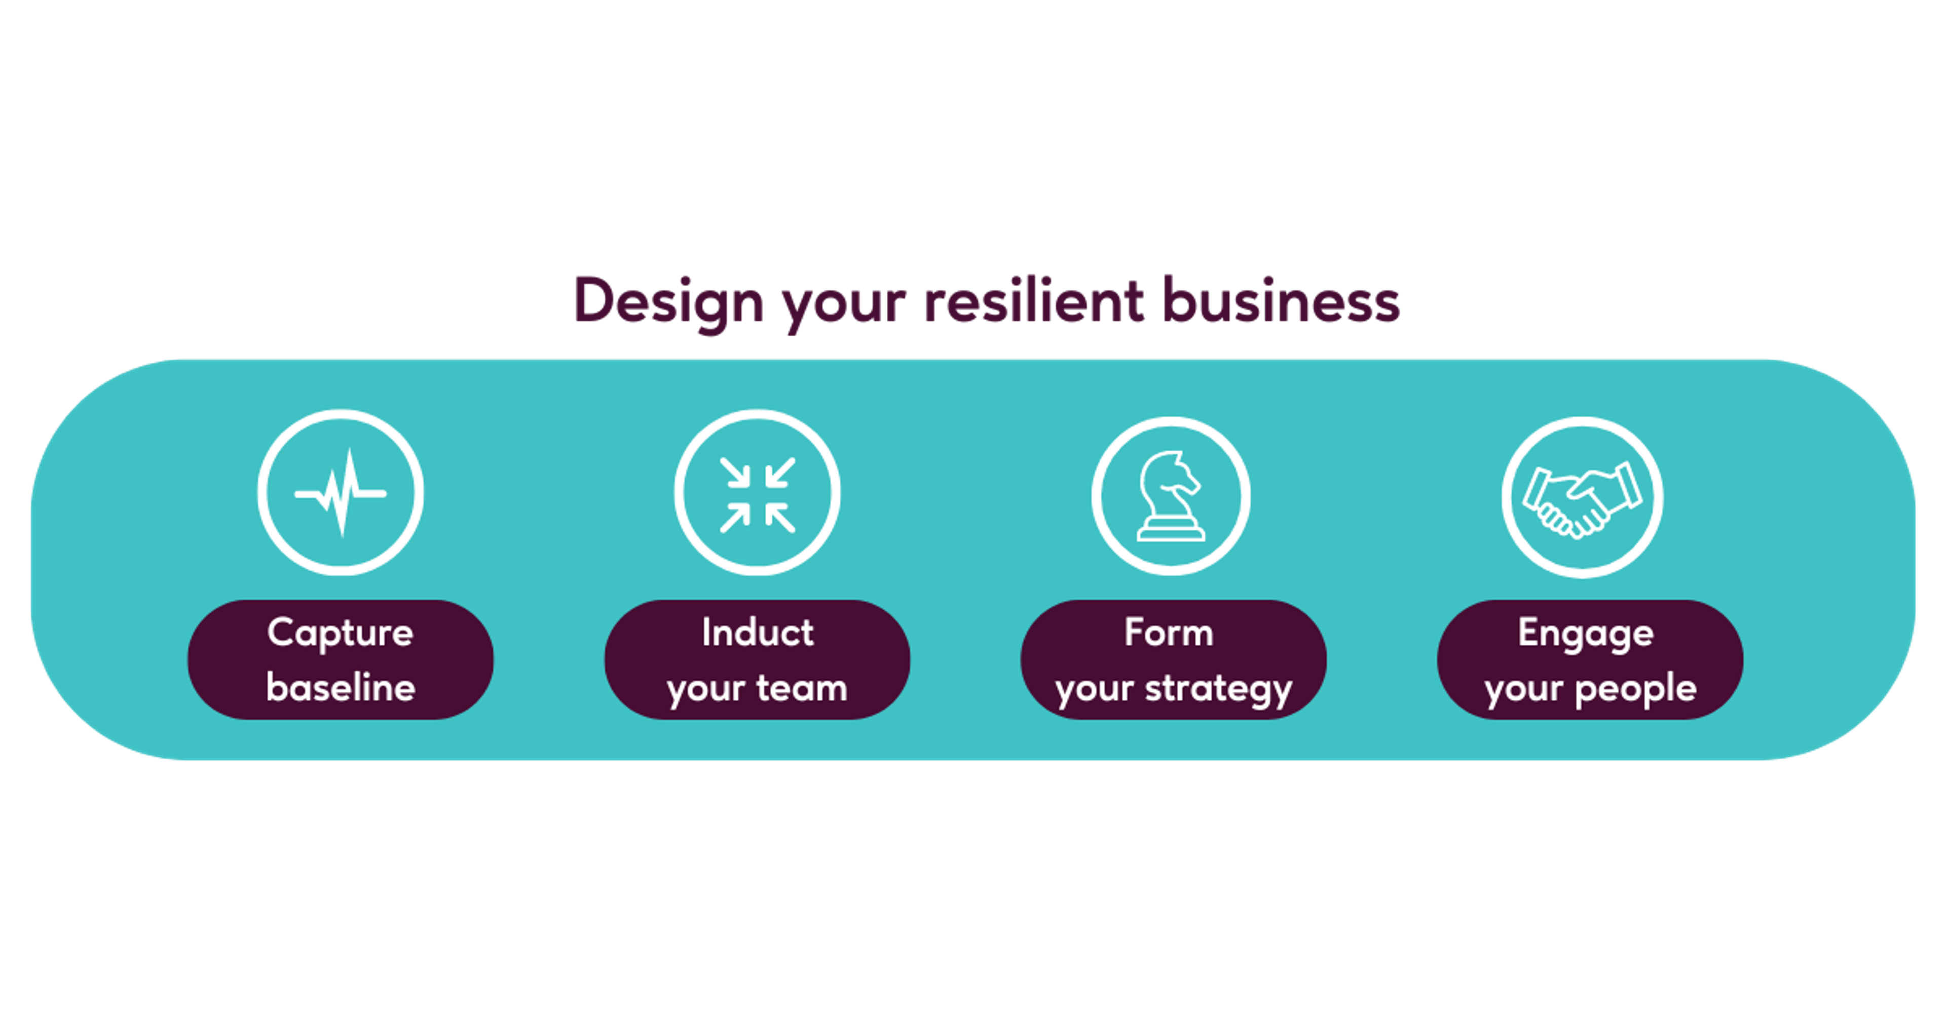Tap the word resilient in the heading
pos(1034,300)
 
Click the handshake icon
pos(1583,498)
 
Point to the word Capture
pos(340,633)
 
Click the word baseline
pos(341,688)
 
